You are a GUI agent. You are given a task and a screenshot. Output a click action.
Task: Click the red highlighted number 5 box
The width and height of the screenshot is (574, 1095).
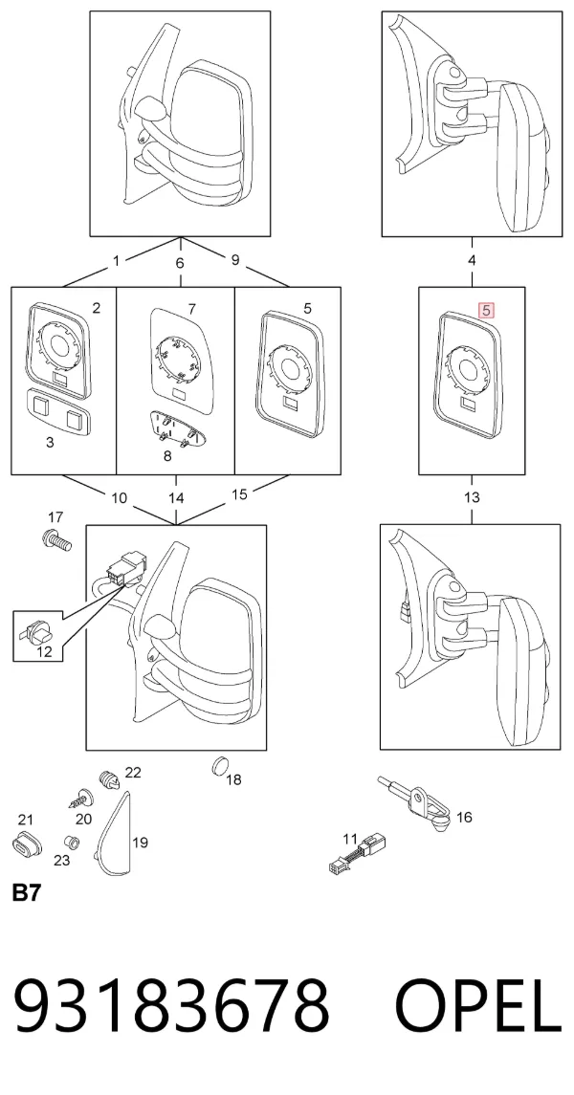click(486, 309)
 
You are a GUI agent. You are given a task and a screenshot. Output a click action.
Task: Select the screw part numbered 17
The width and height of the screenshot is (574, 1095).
click(56, 539)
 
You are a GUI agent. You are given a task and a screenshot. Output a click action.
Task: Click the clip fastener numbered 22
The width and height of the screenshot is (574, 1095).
click(107, 777)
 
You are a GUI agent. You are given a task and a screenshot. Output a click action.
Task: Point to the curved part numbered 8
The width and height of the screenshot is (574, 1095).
click(172, 427)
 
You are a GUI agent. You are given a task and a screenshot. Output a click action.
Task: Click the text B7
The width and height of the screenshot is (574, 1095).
click(27, 892)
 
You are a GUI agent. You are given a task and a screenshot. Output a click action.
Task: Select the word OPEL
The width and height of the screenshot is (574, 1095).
click(478, 1006)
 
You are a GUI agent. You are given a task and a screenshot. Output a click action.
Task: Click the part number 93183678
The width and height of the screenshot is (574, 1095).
click(171, 1006)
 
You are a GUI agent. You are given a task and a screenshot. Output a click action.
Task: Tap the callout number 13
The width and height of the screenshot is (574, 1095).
click(472, 498)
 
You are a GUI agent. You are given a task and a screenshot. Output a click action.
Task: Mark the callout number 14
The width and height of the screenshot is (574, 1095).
click(176, 498)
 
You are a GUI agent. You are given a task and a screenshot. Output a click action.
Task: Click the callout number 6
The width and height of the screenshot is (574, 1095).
click(180, 263)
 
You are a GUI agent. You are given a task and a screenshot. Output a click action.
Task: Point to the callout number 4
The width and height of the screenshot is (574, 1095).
click(472, 260)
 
